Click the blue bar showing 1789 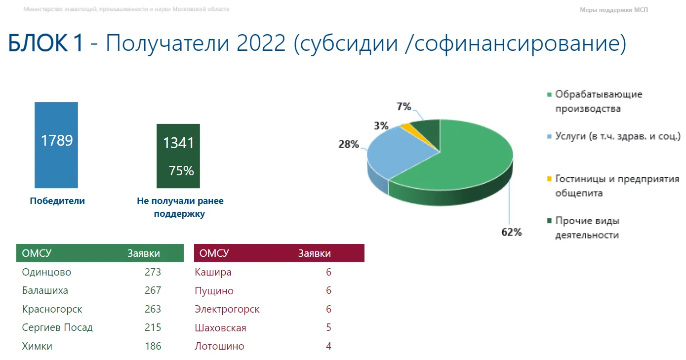tap(56, 145)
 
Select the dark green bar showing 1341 tap(178, 156)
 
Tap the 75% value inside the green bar tap(181, 171)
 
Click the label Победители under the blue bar tap(57, 201)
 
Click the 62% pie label tap(512, 232)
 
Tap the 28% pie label tap(349, 144)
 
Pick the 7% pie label tap(404, 106)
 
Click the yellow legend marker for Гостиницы tap(549, 178)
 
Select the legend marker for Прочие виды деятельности tap(549, 220)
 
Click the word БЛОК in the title tap(38, 43)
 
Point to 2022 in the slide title tap(261, 43)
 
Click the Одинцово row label tap(46, 272)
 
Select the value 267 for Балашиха tap(153, 290)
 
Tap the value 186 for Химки tap(153, 346)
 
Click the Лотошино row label tap(219, 346)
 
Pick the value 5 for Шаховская tap(328, 327)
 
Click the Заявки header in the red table tap(315, 253)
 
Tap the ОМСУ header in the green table tap(37, 253)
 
